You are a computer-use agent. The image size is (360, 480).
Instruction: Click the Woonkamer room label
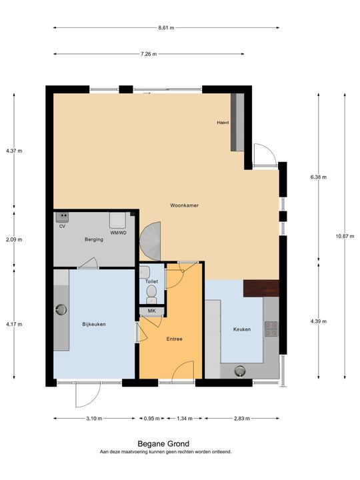point(184,205)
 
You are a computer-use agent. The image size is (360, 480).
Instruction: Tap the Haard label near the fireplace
point(223,123)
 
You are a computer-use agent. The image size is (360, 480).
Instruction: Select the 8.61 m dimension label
point(166,27)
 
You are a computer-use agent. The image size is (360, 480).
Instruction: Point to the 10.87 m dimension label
point(345,236)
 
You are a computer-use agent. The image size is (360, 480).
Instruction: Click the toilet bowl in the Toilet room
point(151,292)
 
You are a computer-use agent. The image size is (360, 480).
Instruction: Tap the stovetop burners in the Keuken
point(271,329)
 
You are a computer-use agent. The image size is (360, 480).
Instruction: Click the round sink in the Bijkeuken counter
point(61,310)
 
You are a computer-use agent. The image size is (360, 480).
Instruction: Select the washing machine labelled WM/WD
point(117,220)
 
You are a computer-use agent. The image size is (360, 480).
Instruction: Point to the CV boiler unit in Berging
point(62,217)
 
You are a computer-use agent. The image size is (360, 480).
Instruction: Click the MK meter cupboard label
point(152,311)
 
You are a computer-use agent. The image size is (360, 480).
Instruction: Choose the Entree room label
point(175,339)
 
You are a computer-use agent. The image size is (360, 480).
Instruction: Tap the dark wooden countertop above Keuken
point(261,289)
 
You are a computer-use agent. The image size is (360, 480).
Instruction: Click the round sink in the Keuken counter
point(240,371)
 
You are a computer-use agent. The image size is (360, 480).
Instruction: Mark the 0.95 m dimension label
point(152,419)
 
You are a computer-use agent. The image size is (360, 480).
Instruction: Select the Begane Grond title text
point(163,443)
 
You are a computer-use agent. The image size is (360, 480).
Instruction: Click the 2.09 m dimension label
point(14,240)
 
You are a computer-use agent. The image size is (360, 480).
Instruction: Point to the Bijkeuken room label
point(94,324)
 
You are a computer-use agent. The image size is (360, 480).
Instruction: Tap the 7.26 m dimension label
point(149,54)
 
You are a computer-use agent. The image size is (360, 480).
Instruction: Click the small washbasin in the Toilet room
point(145,273)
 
